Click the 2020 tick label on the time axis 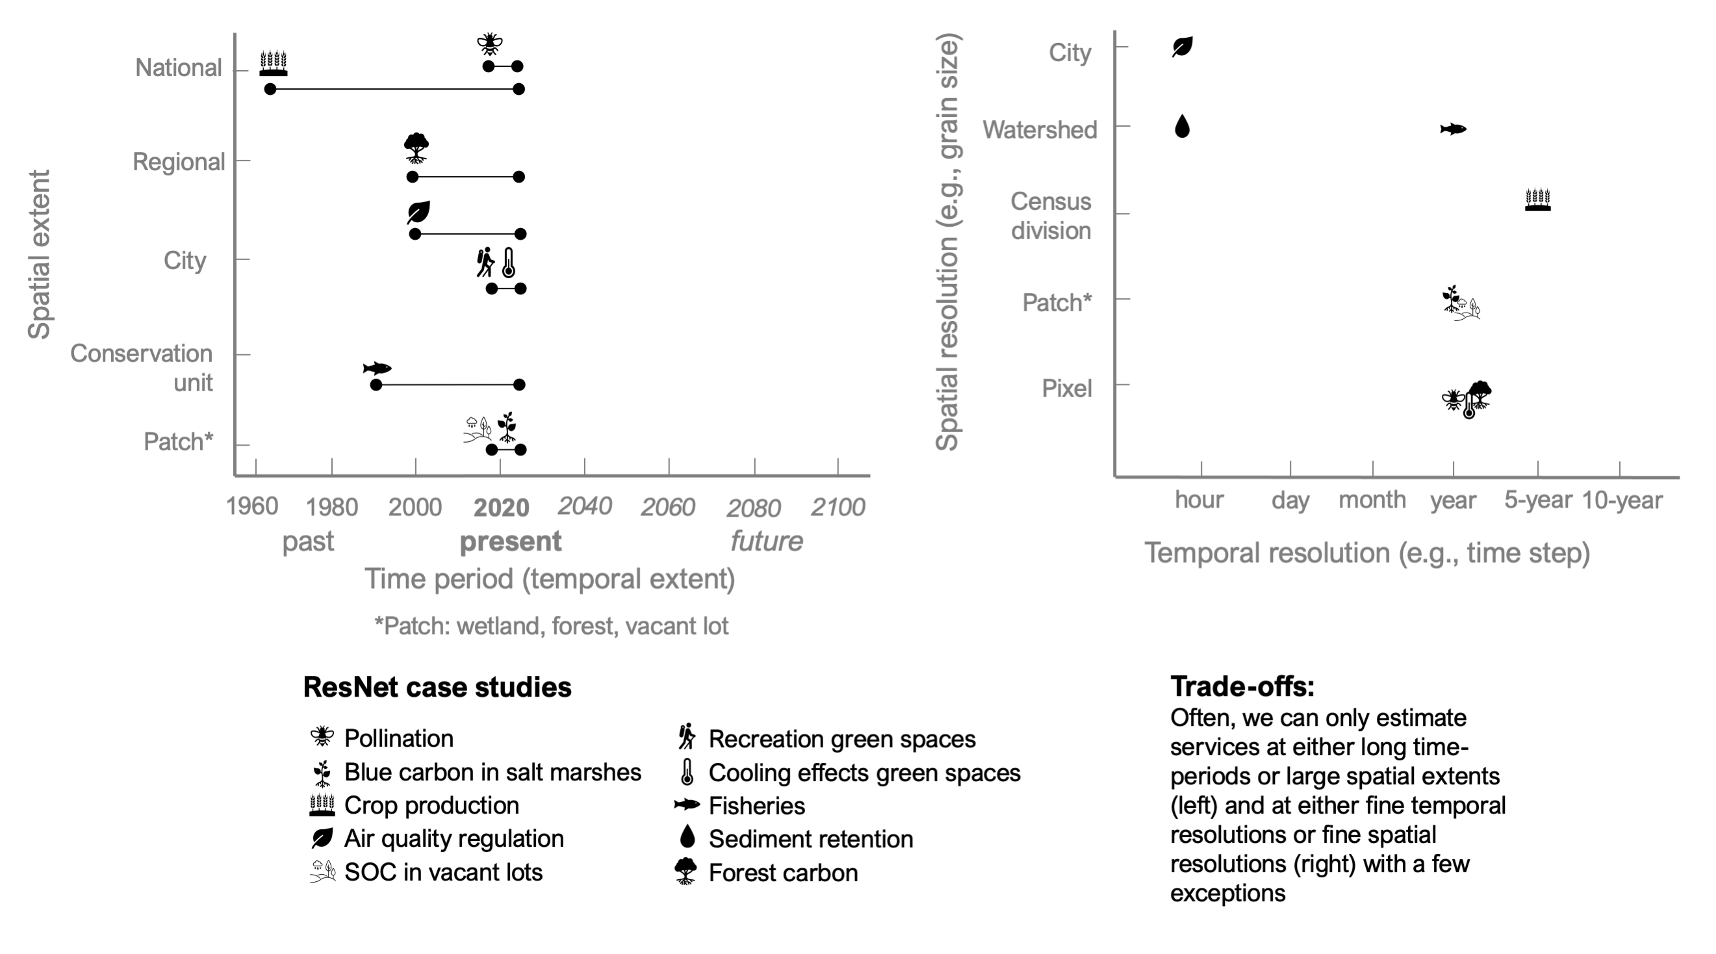click(501, 508)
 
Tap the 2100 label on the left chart click(838, 508)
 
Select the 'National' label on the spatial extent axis click(178, 68)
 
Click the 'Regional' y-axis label click(179, 162)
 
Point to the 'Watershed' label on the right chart click(1039, 130)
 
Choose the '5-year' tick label click(1537, 500)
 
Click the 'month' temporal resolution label click(1372, 500)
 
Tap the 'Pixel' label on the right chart click(1066, 389)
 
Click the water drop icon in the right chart click(1182, 126)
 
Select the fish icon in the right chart click(1453, 129)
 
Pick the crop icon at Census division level click(1537, 200)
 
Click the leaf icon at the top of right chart click(1183, 47)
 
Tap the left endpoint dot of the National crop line click(270, 88)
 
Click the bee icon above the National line click(490, 44)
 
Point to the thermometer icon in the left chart click(508, 263)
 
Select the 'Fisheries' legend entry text click(757, 806)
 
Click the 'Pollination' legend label click(398, 738)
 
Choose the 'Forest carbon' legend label click(783, 873)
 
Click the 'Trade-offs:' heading click(1242, 686)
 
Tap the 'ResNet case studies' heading click(437, 687)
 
